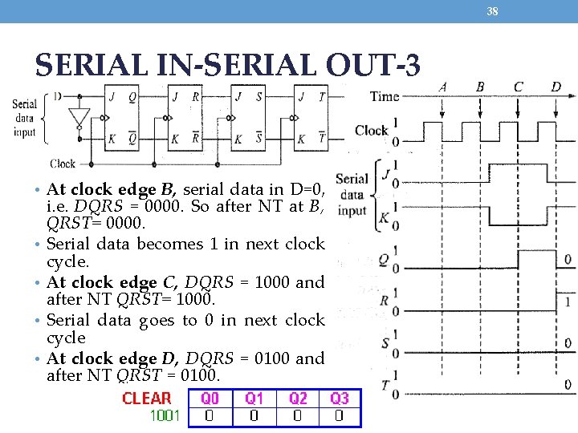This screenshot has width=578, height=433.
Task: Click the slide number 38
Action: click(x=493, y=11)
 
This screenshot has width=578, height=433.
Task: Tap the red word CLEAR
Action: click(x=147, y=399)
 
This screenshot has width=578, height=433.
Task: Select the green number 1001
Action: click(x=165, y=416)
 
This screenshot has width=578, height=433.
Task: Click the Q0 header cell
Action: click(x=210, y=399)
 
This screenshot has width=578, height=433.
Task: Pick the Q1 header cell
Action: click(x=254, y=399)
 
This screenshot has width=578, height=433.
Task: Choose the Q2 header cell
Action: click(x=298, y=399)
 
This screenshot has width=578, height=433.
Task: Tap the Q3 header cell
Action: click(x=340, y=399)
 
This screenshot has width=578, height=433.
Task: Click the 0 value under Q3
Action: click(x=340, y=416)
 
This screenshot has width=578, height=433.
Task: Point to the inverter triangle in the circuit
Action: click(x=78, y=118)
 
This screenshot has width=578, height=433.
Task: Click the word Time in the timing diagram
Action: click(x=384, y=96)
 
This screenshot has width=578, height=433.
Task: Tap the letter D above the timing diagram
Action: click(x=556, y=87)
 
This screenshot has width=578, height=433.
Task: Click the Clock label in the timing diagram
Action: click(x=371, y=131)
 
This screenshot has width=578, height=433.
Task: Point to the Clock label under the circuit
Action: click(x=63, y=164)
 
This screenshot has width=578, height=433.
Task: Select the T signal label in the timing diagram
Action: click(x=385, y=386)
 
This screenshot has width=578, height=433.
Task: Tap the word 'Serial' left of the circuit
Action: click(x=24, y=103)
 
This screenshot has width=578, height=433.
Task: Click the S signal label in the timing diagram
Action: click(x=385, y=344)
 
